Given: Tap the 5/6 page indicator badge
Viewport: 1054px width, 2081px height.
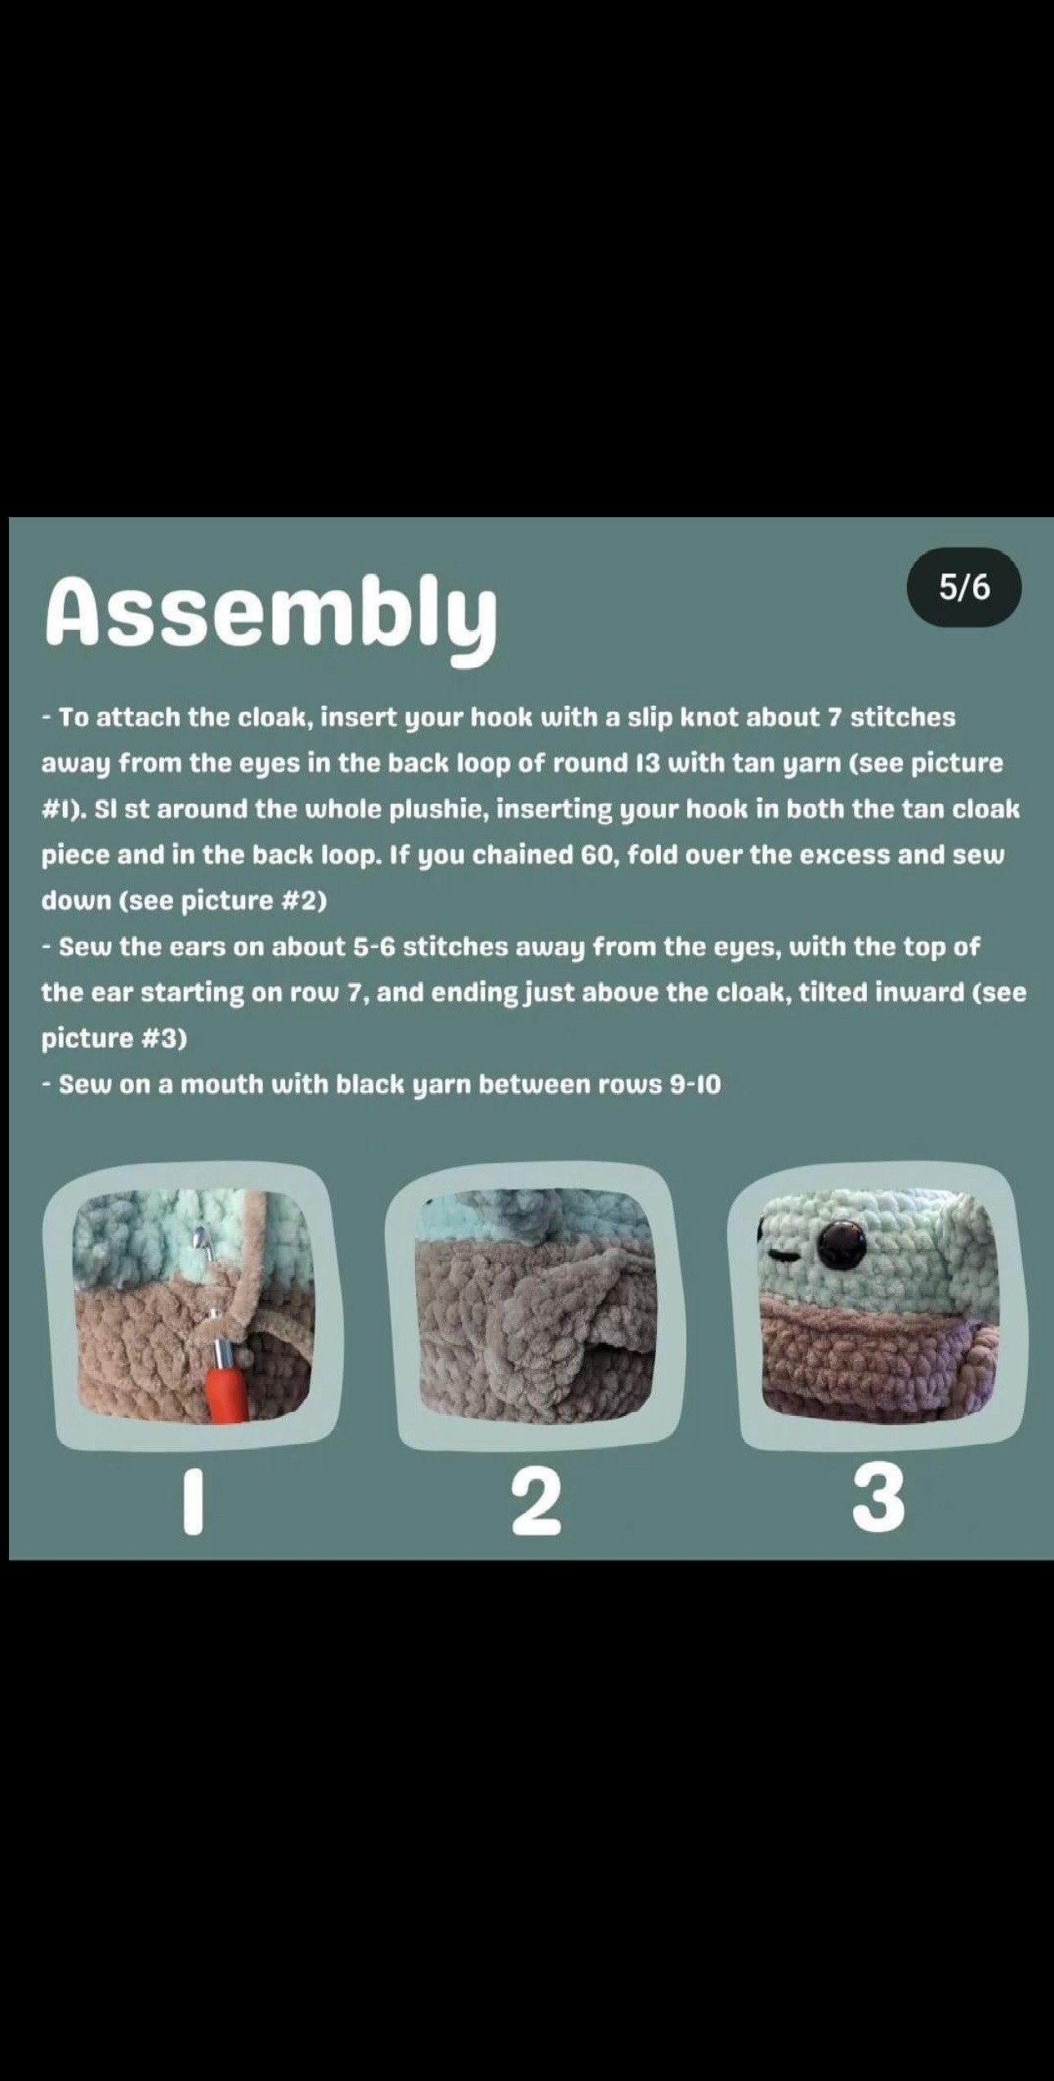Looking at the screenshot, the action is tap(964, 587).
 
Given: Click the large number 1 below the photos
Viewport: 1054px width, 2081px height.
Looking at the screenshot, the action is tap(193, 1502).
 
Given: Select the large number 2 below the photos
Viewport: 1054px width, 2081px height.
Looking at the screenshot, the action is tap(537, 1502).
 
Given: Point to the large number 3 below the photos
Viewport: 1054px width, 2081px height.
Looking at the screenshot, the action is tap(879, 1498).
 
